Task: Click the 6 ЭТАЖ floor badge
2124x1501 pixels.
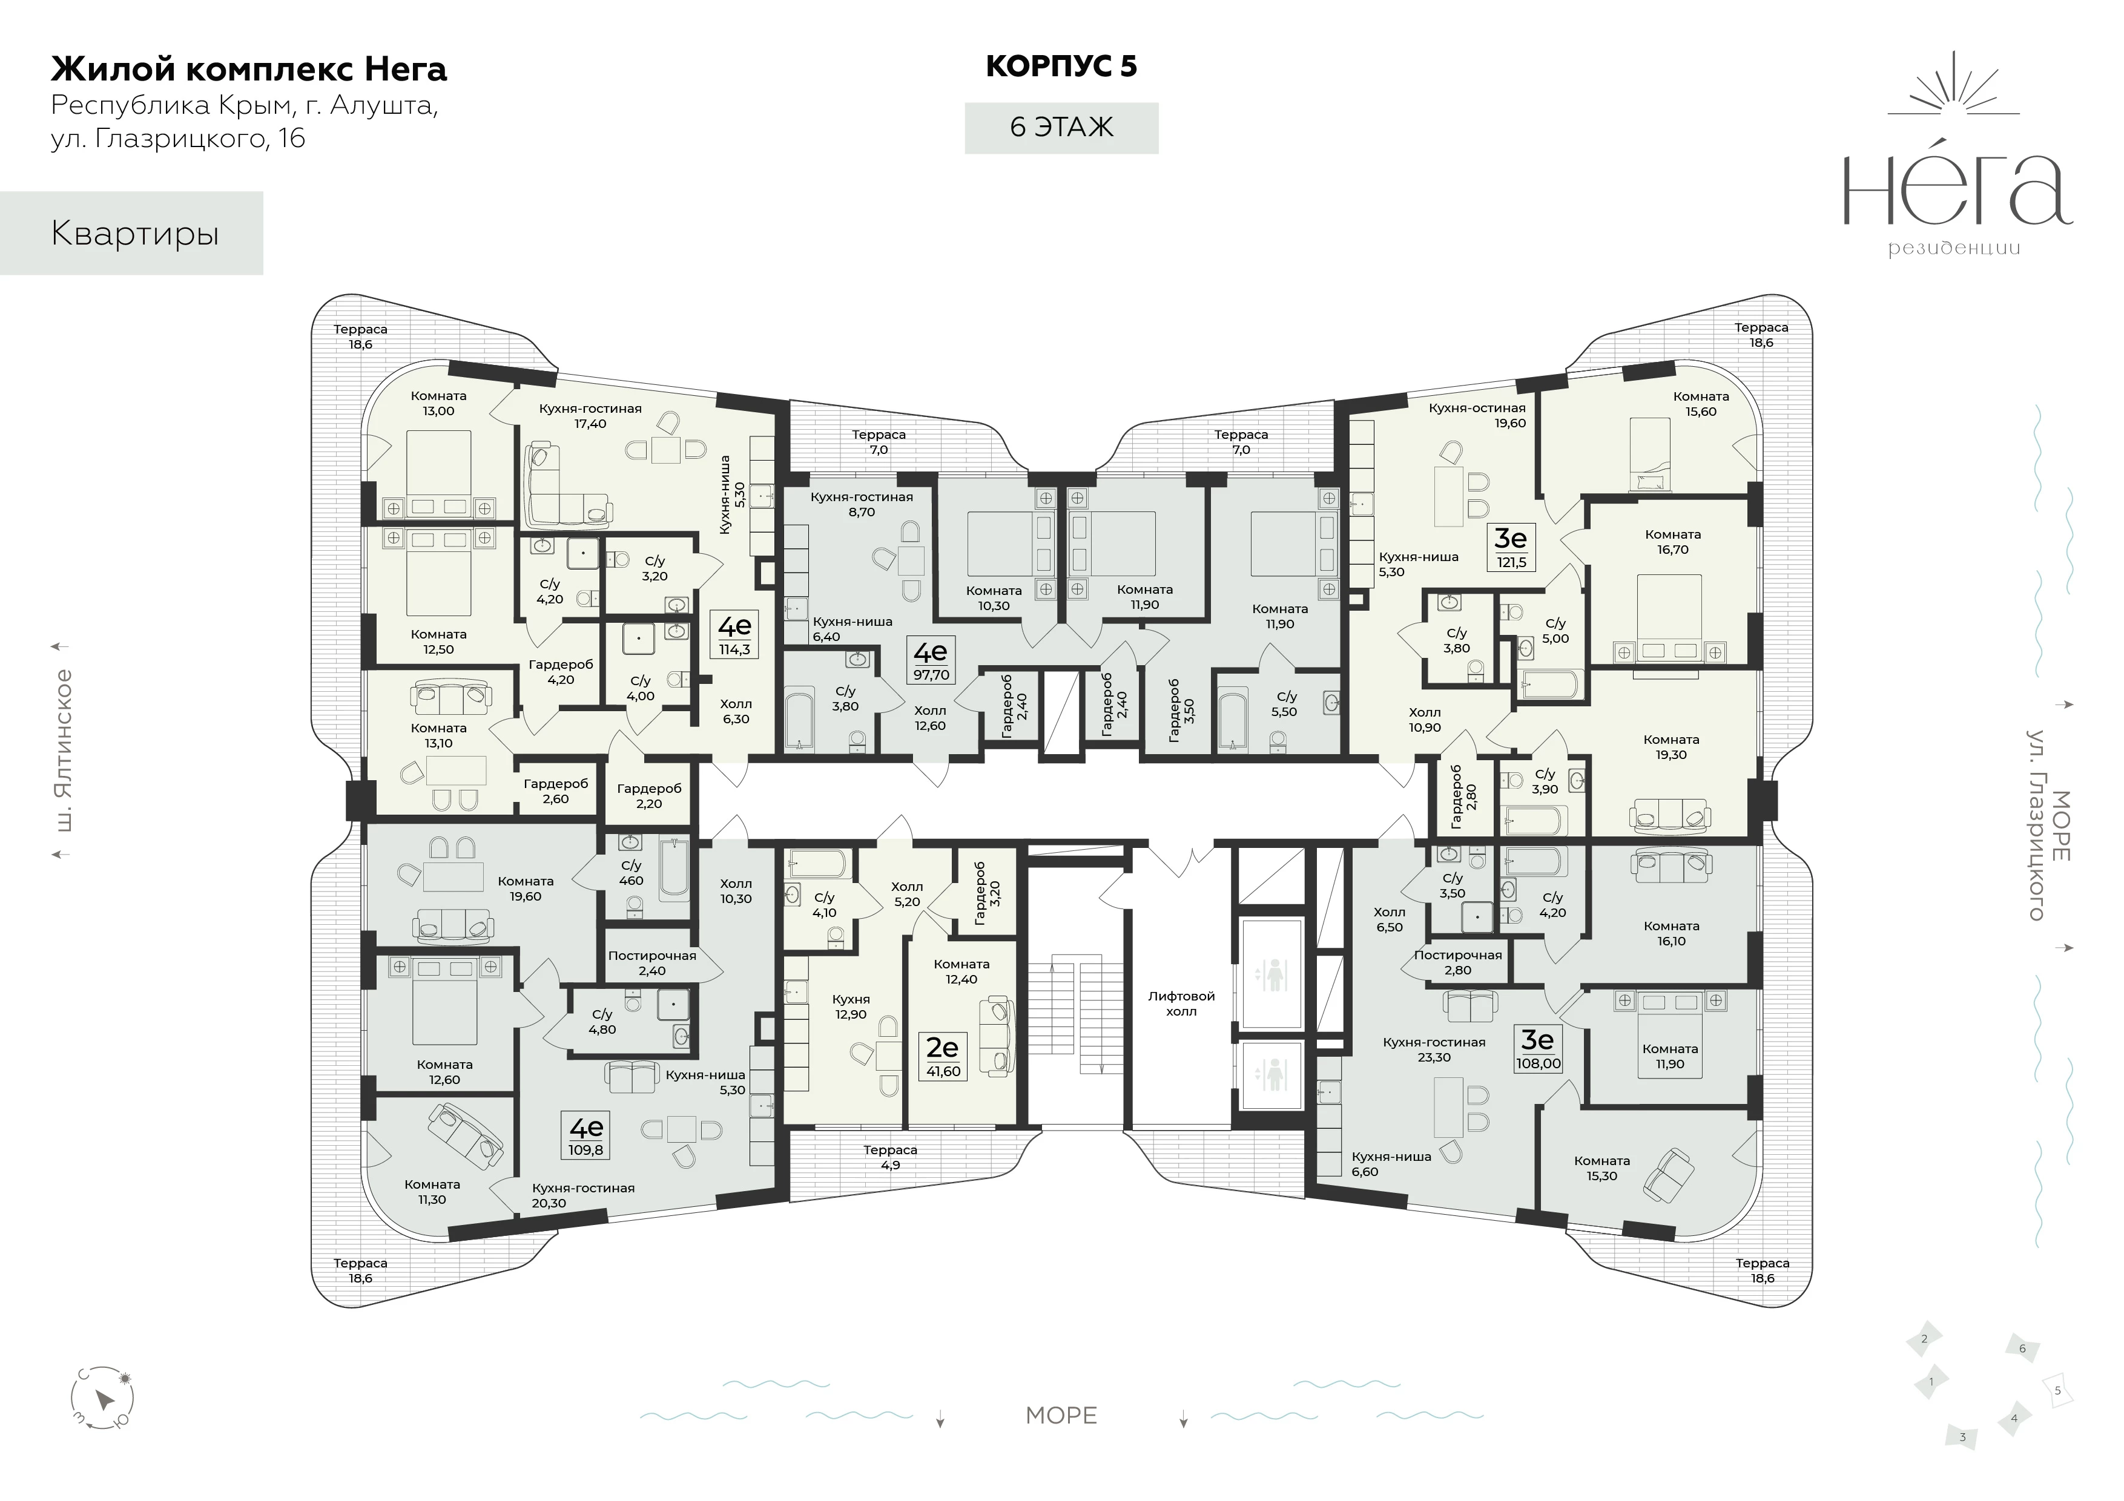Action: pyautogui.click(x=1061, y=128)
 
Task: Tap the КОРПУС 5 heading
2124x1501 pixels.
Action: pyautogui.click(x=1061, y=67)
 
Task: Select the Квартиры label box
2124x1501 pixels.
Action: pyautogui.click(x=131, y=233)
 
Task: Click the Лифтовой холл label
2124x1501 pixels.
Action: pyautogui.click(x=1181, y=1003)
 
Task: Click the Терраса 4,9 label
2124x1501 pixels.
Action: pyautogui.click(x=890, y=1157)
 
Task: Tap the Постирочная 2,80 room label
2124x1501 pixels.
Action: pyautogui.click(x=1458, y=962)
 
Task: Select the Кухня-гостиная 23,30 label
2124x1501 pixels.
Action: pyautogui.click(x=1434, y=1049)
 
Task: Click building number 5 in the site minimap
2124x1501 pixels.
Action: pyautogui.click(x=2057, y=1416)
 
